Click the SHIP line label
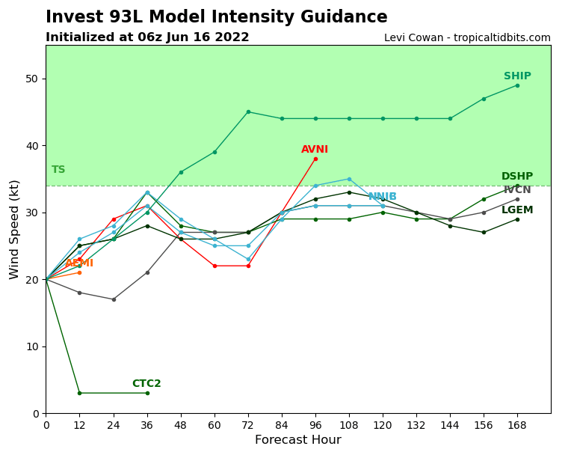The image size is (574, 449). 517,76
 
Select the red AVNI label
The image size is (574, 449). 315,150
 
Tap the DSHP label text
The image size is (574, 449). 517,177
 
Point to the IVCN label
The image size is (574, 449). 517,190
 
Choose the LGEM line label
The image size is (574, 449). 517,210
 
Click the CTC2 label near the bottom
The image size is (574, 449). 146,384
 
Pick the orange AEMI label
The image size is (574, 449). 79,263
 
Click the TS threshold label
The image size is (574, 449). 58,170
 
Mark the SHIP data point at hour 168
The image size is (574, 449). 517,85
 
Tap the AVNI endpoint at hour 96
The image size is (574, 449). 315,159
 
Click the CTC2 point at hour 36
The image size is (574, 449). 147,393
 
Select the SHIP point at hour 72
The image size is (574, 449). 248,112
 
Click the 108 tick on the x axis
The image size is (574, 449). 349,425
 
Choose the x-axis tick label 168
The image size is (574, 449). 517,425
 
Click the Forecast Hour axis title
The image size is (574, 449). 297,440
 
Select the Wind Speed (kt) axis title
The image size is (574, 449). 15,229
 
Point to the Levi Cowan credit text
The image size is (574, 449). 467,38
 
